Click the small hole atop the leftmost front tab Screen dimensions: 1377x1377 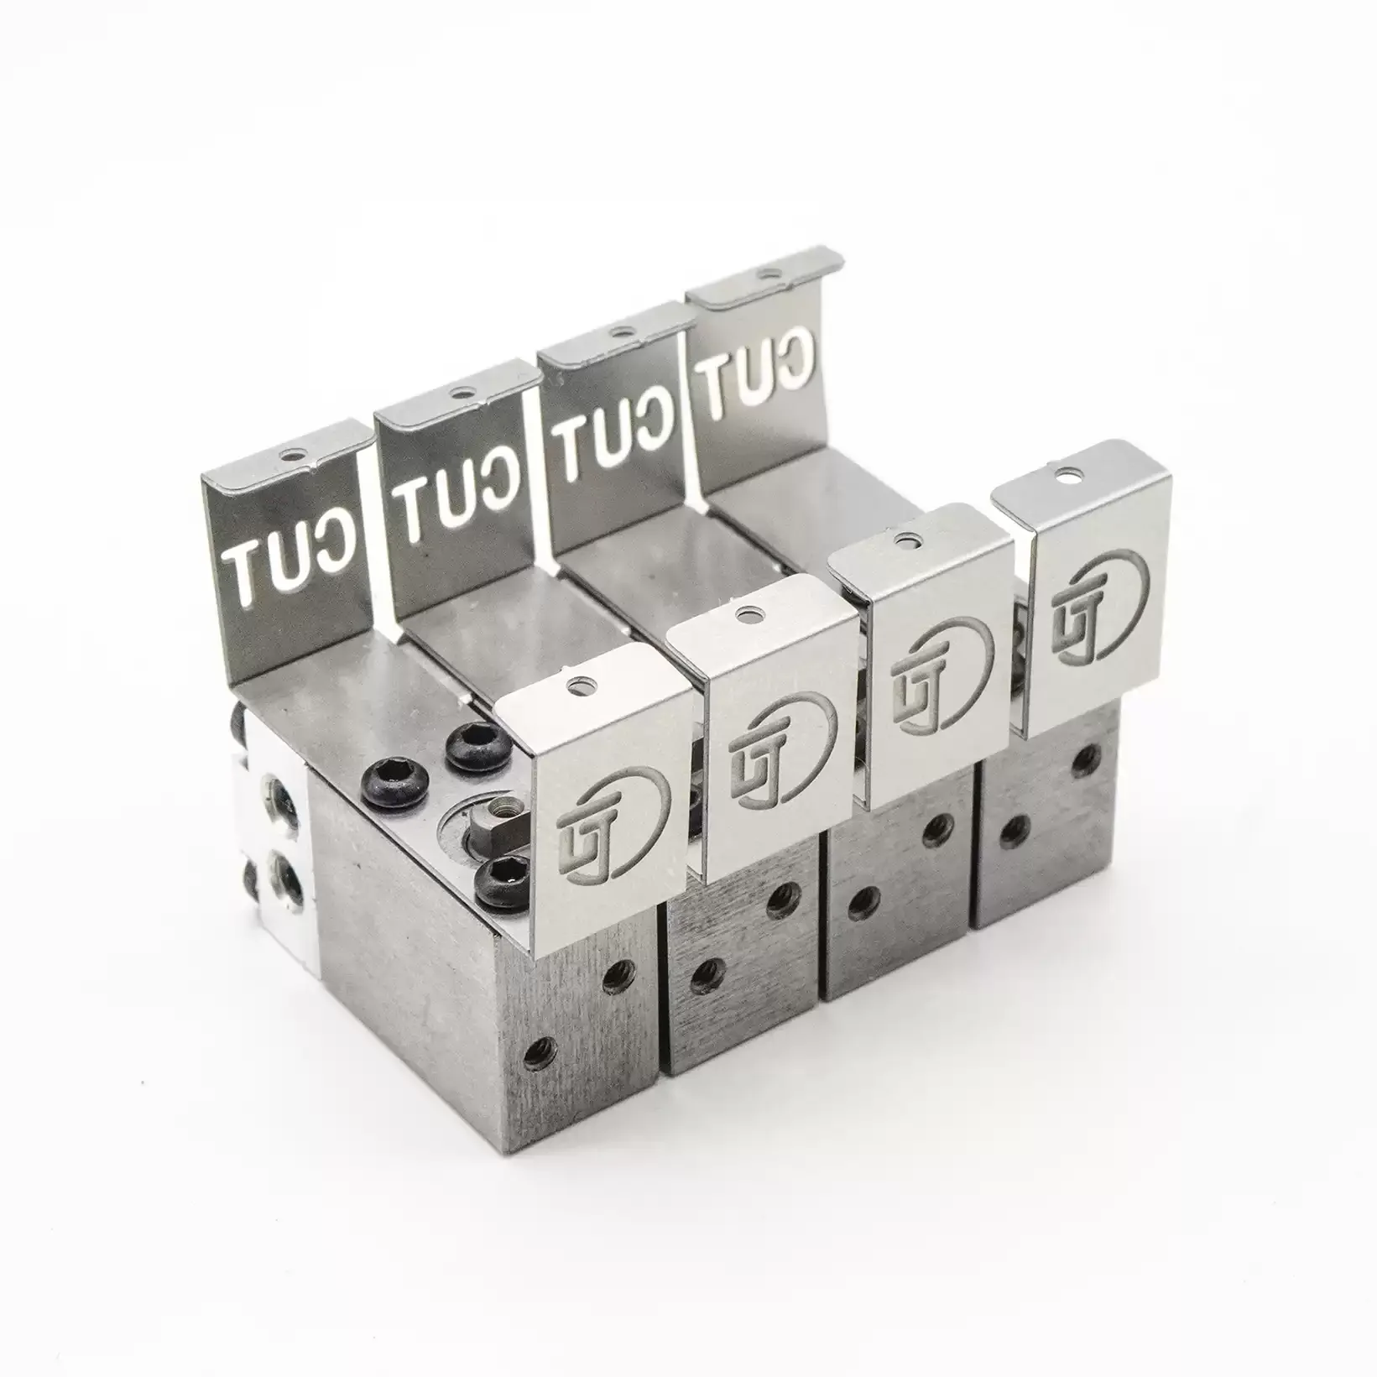click(x=574, y=686)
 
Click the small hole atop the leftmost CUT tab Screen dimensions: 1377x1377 click(x=290, y=455)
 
